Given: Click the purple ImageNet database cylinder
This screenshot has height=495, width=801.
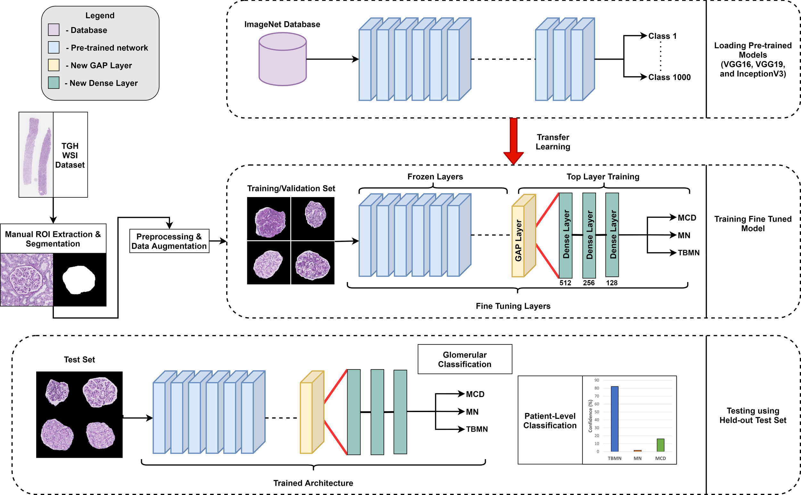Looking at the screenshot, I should (283, 61).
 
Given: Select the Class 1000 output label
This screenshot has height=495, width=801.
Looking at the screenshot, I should (669, 77).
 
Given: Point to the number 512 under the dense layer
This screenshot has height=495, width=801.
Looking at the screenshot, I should (565, 283).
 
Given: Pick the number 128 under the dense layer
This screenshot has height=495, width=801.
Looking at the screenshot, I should (611, 283).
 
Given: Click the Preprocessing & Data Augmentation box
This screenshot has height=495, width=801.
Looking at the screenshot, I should (169, 241).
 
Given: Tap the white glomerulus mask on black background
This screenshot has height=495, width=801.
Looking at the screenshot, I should (78, 280).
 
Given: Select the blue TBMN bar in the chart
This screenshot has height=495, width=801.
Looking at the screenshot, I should (615, 419).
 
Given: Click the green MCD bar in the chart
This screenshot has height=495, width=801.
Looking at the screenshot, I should (660, 445).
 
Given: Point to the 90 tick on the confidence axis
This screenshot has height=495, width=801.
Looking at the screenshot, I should (597, 380).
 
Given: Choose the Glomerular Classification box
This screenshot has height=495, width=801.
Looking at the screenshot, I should (465, 359).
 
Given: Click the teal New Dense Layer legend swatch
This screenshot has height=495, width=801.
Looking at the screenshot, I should (54, 83).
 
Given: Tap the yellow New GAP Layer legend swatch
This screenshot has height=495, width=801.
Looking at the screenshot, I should (54, 65).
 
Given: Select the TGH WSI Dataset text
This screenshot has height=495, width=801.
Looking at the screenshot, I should (70, 155).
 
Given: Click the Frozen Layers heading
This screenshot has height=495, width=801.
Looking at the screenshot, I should (435, 177).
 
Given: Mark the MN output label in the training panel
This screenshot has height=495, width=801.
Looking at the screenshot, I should (683, 235).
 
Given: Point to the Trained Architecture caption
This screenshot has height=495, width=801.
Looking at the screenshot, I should (313, 483).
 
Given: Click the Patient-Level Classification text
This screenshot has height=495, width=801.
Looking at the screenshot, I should (549, 421).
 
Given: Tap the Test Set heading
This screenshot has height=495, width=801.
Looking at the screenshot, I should (79, 359).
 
